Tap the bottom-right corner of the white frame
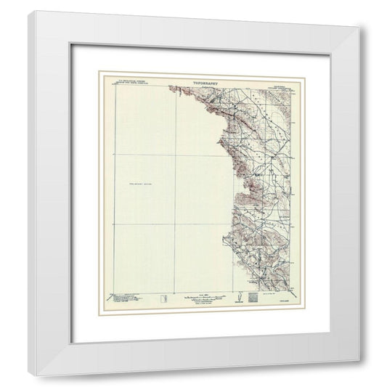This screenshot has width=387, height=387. (x=359, y=376)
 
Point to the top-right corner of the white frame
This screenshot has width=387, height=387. (x=359, y=28)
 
